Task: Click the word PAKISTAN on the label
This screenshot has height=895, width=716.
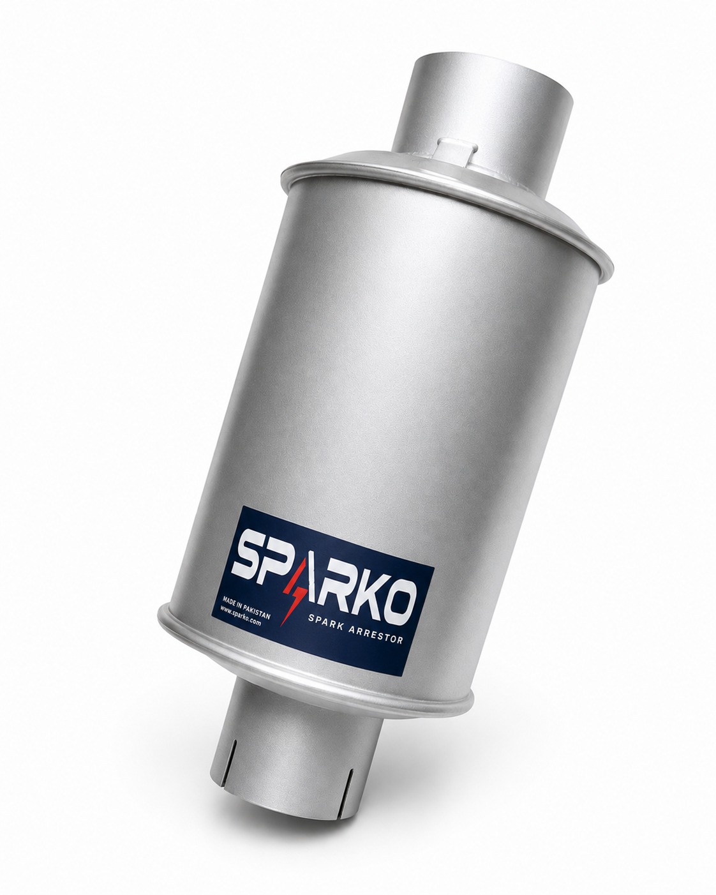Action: (x=257, y=610)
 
